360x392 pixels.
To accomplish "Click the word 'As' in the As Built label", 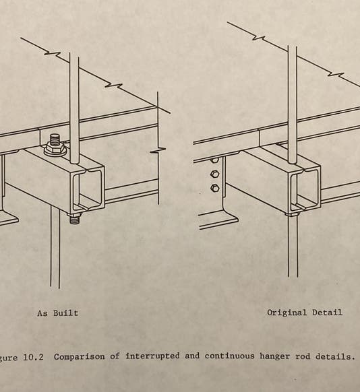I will (42, 313).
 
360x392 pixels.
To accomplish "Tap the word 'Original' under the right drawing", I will (286, 313).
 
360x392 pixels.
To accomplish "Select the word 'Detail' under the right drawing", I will (327, 313).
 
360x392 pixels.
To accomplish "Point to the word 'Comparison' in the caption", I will (80, 357).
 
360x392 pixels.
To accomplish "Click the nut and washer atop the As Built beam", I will (55, 146).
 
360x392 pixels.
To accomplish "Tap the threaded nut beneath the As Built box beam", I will (75, 217).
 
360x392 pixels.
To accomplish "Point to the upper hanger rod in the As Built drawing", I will (74, 101).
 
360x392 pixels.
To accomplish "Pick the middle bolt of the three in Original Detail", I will (214, 174).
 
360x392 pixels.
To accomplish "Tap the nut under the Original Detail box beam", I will (291, 213).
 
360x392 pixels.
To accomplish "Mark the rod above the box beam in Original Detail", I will (293, 101).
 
